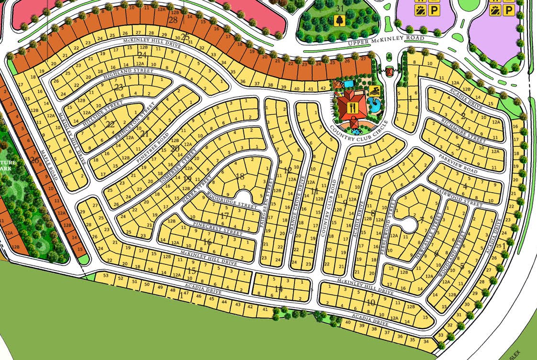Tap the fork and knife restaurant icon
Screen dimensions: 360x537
point(353,108)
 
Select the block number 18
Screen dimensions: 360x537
point(240,176)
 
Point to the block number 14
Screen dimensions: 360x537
point(279,289)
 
